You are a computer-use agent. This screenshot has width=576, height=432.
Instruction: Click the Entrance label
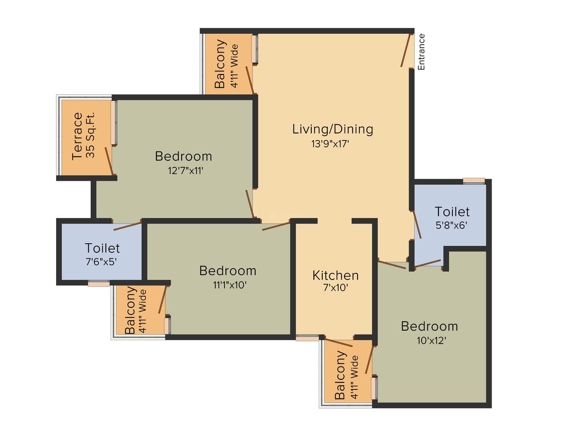click(421, 52)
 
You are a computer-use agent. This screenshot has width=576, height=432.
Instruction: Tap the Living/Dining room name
click(333, 129)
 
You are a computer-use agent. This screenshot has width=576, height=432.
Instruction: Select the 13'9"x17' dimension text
click(330, 144)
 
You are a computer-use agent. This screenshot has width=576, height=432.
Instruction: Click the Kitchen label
click(335, 275)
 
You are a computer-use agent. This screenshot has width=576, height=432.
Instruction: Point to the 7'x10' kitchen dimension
click(335, 288)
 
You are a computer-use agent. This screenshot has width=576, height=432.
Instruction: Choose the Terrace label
click(77, 136)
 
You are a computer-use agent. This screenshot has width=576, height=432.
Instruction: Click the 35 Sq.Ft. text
click(90, 135)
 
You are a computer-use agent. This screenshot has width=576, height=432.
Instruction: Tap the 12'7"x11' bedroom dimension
click(186, 170)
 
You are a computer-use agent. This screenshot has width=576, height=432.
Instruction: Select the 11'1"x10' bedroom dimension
click(229, 285)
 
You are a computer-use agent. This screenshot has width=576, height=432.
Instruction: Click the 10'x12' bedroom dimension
click(432, 341)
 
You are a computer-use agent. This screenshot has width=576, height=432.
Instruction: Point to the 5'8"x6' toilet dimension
click(451, 225)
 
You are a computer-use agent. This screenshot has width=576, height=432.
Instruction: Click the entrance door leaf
click(405, 50)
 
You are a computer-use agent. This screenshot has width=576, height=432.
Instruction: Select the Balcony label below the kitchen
click(340, 375)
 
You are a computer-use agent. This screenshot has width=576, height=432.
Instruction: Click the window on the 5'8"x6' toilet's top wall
click(474, 180)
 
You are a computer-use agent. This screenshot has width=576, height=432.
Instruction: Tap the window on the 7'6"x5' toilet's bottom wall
click(99, 284)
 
